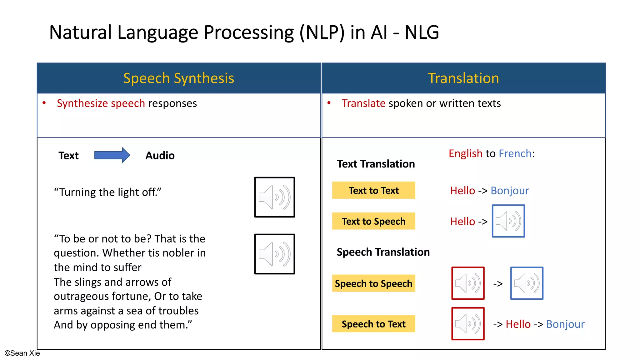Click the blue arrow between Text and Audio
tap(112, 155)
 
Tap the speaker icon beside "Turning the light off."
tap(274, 197)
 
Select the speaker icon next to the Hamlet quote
tap(274, 254)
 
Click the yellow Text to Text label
tap(373, 190)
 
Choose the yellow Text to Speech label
tap(373, 221)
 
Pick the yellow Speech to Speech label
tap(373, 283)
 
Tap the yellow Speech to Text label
tap(373, 324)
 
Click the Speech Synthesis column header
tap(179, 78)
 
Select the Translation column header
tap(463, 78)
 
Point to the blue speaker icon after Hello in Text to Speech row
tap(508, 221)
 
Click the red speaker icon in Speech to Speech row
tap(468, 283)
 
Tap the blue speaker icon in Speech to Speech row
tap(527, 283)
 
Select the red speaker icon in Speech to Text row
tap(468, 324)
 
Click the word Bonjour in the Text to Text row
tap(510, 191)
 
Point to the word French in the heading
tap(515, 153)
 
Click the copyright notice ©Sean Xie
tap(22, 353)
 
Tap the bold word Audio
tap(160, 156)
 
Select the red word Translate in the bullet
tap(363, 103)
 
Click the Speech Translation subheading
tap(383, 252)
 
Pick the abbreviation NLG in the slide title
tap(422, 32)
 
